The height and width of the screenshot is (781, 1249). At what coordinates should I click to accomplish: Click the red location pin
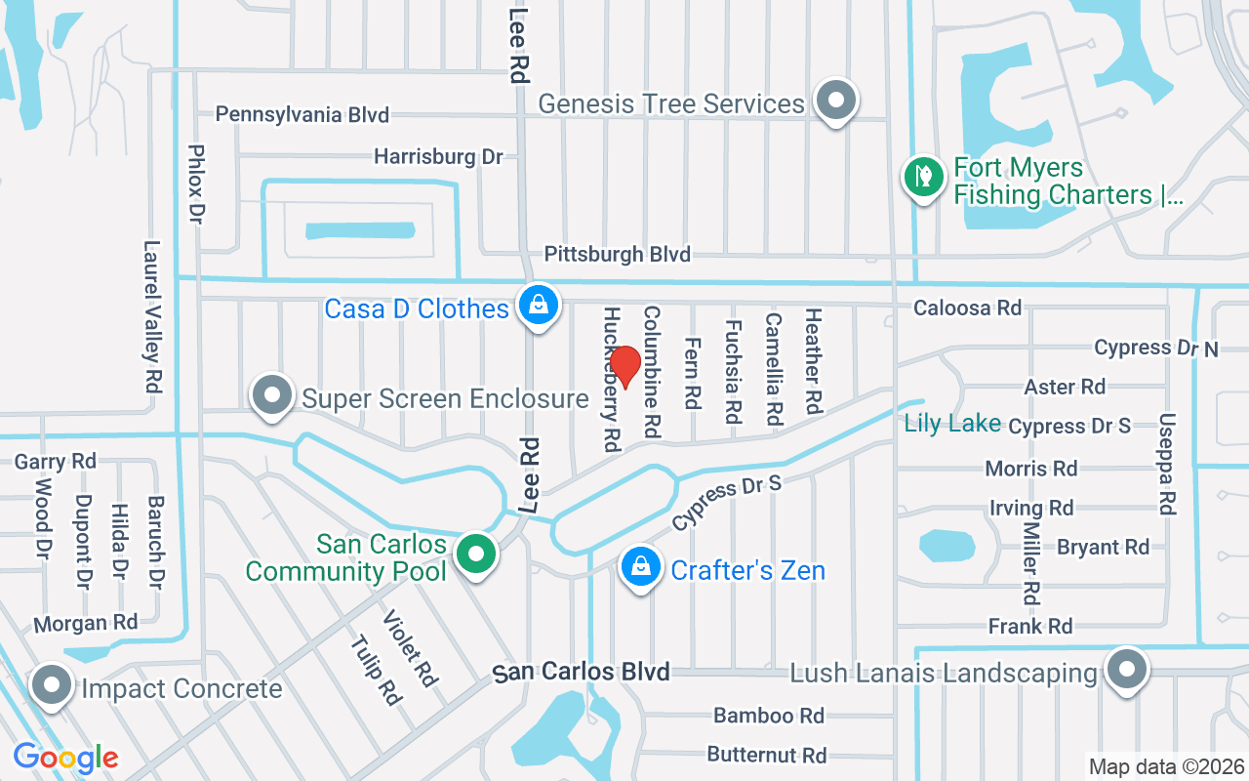(x=624, y=367)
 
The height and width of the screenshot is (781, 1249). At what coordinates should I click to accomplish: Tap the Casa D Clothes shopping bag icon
(x=538, y=306)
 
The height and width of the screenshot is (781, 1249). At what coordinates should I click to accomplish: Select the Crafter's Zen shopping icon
(x=640, y=567)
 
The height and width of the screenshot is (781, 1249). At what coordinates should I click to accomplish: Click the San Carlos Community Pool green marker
(x=476, y=555)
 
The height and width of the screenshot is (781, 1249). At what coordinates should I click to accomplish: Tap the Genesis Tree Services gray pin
(x=836, y=101)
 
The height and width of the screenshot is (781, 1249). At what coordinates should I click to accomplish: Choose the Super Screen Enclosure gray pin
(x=272, y=395)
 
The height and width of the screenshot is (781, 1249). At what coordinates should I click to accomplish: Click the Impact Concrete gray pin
(x=51, y=685)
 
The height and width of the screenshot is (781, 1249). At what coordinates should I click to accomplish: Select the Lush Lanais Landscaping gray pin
(x=1127, y=670)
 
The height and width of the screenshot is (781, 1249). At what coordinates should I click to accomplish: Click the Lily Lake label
(x=952, y=423)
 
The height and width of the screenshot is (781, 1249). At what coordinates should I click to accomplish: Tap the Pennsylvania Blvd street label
(x=302, y=114)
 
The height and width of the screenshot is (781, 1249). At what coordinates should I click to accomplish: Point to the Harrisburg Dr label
(x=438, y=156)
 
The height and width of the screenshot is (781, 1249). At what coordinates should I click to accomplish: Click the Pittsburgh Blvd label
(x=617, y=254)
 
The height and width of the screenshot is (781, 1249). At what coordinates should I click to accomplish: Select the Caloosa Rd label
(x=967, y=308)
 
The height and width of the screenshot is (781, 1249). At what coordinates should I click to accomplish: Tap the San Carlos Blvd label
(x=582, y=672)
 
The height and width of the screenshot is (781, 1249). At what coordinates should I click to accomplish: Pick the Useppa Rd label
(x=1166, y=463)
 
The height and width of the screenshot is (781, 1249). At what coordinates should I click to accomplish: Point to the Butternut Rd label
(x=767, y=755)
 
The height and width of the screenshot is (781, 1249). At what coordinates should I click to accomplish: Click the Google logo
(x=65, y=757)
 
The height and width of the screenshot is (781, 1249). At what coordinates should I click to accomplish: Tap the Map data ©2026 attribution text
(x=1166, y=766)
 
